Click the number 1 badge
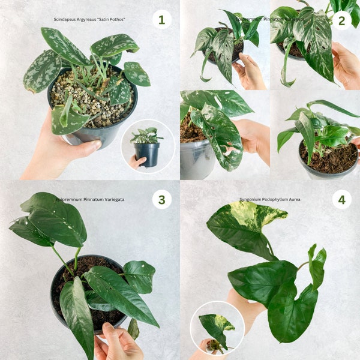tap(161, 19)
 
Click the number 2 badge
tap(341, 20)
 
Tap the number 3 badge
tap(161, 199)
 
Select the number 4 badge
tap(341, 199)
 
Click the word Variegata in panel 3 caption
tap(112, 199)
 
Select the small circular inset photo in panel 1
tap(148, 147)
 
